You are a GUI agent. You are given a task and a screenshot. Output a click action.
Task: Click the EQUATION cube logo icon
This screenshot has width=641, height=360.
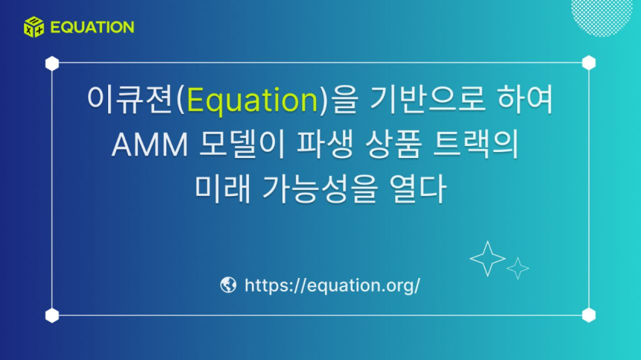pos(34,27)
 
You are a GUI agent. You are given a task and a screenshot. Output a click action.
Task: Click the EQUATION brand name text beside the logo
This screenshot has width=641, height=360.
pos(92,28)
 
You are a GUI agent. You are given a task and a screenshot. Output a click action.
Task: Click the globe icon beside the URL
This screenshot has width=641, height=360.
pos(228,285)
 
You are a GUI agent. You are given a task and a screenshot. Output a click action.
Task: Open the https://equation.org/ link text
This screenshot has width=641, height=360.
pos(332,285)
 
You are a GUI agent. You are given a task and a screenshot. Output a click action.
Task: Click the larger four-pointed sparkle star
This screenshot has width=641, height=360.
pos(487,258)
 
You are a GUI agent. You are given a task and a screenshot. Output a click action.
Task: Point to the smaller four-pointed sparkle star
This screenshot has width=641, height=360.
pos(517,268)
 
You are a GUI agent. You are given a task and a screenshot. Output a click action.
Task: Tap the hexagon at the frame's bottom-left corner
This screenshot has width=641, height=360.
pos(52,315)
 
